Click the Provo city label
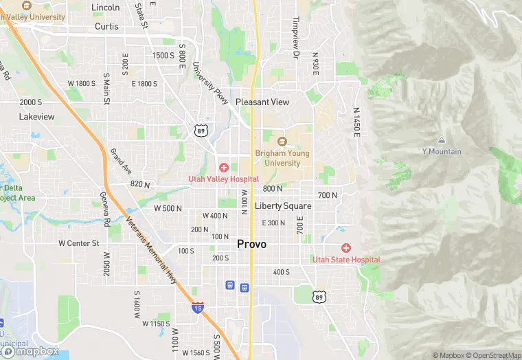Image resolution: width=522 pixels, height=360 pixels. [252, 244]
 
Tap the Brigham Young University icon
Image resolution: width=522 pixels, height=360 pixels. [280, 142]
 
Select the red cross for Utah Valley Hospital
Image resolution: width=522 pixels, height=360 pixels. [223, 168]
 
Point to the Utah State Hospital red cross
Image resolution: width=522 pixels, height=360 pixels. [345, 248]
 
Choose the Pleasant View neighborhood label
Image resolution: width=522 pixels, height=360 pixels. [262, 102]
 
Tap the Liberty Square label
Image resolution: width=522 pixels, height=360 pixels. [283, 205]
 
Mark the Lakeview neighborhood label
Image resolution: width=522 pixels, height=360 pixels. [36, 117]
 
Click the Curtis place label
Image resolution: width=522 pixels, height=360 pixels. [106, 27]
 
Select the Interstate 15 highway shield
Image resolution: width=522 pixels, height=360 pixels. [198, 308]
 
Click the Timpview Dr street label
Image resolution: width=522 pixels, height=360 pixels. [296, 37]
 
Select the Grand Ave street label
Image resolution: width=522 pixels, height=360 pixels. [121, 161]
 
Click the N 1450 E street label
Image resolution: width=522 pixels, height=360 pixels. [356, 121]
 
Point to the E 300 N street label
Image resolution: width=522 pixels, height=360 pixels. [273, 223]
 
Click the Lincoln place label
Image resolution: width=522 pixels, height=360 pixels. [105, 8]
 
